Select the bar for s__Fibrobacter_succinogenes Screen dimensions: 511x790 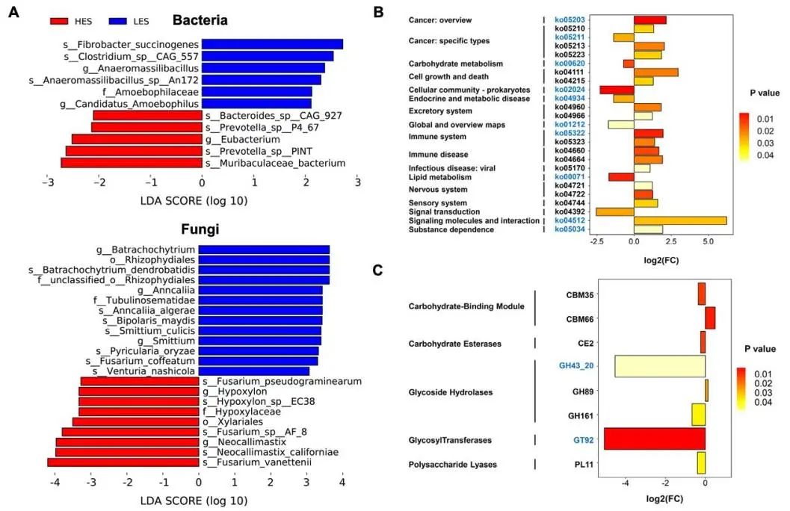(272, 44)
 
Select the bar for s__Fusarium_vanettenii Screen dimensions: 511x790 (123, 462)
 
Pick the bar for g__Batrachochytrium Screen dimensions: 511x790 (264, 250)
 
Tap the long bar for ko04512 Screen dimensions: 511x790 (679, 220)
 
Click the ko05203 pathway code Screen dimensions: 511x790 (570, 20)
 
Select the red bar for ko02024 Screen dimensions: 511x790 (616, 90)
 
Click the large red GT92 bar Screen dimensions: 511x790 (654, 439)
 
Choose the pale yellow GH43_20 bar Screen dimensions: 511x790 (660, 366)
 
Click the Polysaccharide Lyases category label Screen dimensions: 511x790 (452, 465)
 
